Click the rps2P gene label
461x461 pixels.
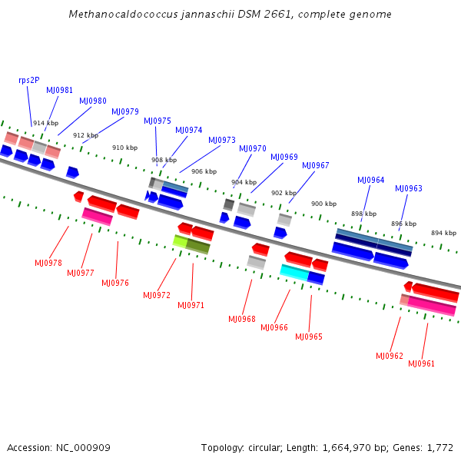pos(29,80)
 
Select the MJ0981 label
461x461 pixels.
pos(60,90)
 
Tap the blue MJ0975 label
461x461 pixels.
pos(158,121)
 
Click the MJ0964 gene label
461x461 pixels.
pos(370,180)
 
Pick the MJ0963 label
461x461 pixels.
pos(409,188)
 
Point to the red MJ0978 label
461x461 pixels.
pos(48,263)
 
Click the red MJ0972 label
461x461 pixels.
pos(157,295)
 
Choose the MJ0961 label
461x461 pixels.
pos(421,363)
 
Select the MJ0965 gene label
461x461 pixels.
pos(309,337)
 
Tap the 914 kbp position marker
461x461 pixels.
pos(45,123)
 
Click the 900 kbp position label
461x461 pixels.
pos(323,204)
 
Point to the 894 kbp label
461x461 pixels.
pos(443,233)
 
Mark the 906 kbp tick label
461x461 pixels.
pos(204,171)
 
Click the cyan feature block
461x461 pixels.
pos(294,271)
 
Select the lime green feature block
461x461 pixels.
pos(181,241)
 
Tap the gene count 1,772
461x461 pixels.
pos(439,447)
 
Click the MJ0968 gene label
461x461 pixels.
pos(242,319)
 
